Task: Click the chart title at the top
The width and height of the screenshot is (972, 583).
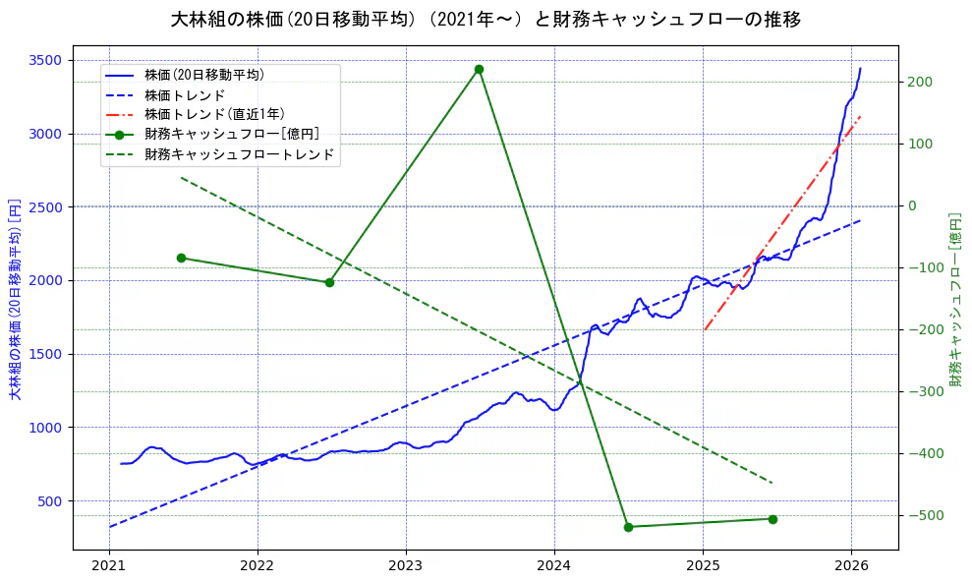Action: click(486, 20)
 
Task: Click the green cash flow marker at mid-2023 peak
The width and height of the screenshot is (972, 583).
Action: click(479, 69)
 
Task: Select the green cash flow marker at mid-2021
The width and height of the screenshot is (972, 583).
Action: click(181, 258)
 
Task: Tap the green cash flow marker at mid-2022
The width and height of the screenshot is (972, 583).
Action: click(329, 282)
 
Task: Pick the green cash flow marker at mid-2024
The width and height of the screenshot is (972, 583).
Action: click(628, 527)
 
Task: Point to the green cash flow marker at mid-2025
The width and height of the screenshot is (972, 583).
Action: click(772, 519)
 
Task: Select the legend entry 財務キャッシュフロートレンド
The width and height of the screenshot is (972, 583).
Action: click(239, 154)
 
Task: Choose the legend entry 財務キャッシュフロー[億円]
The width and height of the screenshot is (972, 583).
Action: click(231, 135)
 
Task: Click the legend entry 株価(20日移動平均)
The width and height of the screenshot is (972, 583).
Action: click(203, 75)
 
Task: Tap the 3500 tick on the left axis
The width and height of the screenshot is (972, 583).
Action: click(46, 60)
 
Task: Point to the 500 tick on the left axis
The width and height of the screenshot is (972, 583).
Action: click(50, 500)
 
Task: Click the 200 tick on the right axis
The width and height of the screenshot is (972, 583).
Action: click(920, 82)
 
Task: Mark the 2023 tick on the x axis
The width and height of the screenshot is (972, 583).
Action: click(406, 565)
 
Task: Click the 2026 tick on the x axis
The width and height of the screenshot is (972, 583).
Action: click(851, 565)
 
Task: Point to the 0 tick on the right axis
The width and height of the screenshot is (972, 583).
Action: click(914, 205)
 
